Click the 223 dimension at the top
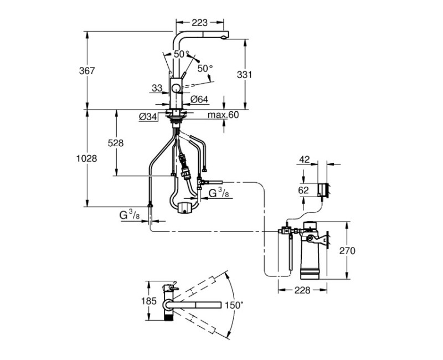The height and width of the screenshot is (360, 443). point(199,22)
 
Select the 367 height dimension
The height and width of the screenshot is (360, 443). point(87,71)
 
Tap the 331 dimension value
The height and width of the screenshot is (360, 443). point(244,75)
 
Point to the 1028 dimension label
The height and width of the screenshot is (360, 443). point(87,158)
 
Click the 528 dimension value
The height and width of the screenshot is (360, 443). point(116,143)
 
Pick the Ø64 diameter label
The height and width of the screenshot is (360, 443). point(199,100)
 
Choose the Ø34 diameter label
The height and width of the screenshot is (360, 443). point(148,117)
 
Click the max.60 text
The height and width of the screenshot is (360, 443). point(223,115)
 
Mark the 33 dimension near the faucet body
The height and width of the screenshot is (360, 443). point(157,88)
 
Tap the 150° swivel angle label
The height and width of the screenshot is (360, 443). point(234,305)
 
